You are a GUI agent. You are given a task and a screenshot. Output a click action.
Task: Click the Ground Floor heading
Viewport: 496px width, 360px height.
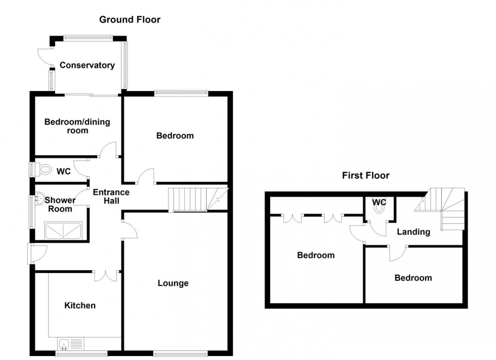130,20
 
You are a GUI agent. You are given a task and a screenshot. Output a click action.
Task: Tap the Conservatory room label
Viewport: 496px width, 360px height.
87,65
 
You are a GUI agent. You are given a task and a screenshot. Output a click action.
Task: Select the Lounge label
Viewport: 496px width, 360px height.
173,283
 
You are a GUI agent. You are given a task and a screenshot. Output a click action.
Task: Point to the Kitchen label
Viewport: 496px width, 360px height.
79,305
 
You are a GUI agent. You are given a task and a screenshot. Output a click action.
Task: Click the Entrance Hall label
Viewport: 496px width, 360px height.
111,196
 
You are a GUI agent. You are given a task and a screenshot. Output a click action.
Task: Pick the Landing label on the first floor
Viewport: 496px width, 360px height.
413,232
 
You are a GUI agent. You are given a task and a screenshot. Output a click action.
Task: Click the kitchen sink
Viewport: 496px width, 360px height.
65,344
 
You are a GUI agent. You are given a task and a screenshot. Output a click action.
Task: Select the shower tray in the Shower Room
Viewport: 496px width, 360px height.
64,230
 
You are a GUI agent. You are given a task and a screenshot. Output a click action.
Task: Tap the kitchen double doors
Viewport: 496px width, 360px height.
106,275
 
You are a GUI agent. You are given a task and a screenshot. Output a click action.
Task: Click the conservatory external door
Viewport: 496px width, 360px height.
47,56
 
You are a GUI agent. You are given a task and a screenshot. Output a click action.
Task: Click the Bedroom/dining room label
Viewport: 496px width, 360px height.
77,126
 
